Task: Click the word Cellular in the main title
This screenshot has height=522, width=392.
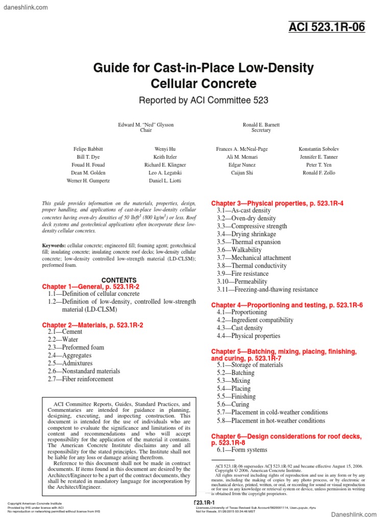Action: point(178,83)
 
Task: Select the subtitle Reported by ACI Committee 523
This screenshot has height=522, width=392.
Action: point(204,100)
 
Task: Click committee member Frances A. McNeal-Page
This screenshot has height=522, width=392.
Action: point(242,149)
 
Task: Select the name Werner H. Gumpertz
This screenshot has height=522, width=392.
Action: point(88,181)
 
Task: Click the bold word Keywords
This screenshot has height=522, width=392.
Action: point(54,246)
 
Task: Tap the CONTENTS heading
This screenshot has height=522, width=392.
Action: point(119,280)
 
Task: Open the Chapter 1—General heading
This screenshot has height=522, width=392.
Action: point(90,287)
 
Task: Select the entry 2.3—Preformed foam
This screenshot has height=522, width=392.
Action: point(76,348)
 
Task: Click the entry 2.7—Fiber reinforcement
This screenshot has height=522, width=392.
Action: point(81,379)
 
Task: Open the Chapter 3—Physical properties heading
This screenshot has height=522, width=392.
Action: point(277,203)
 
